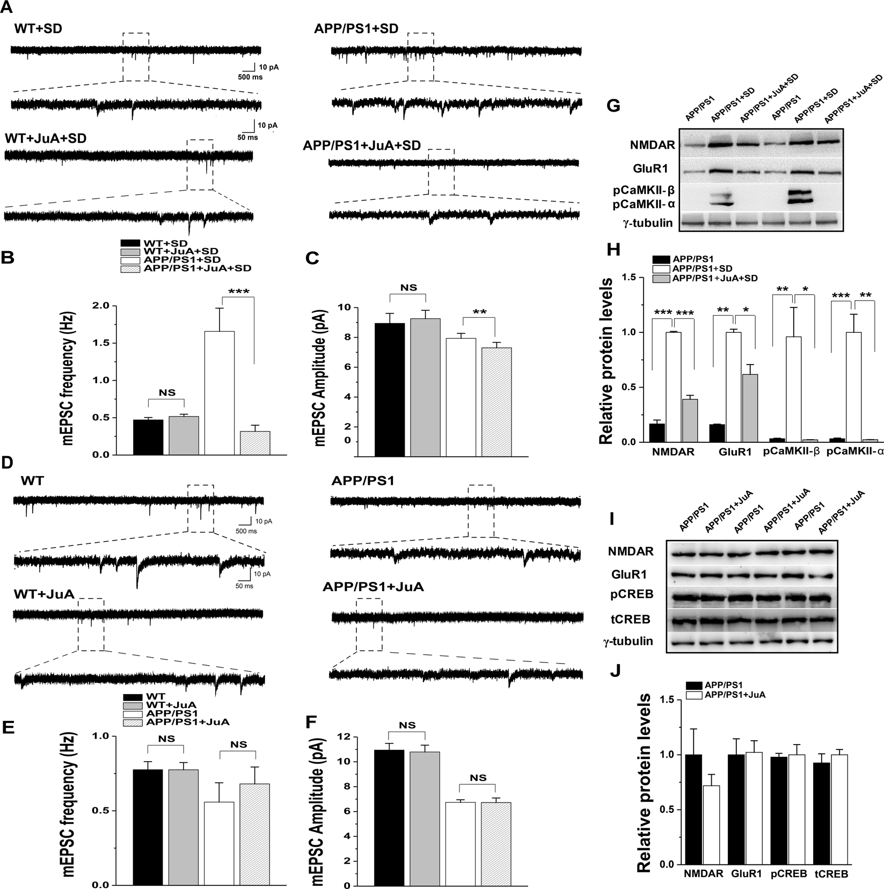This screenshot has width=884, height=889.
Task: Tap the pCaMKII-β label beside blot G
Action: point(642,192)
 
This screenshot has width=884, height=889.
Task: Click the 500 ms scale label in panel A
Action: point(250,77)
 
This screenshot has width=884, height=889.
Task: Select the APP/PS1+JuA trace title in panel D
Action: point(373,587)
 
